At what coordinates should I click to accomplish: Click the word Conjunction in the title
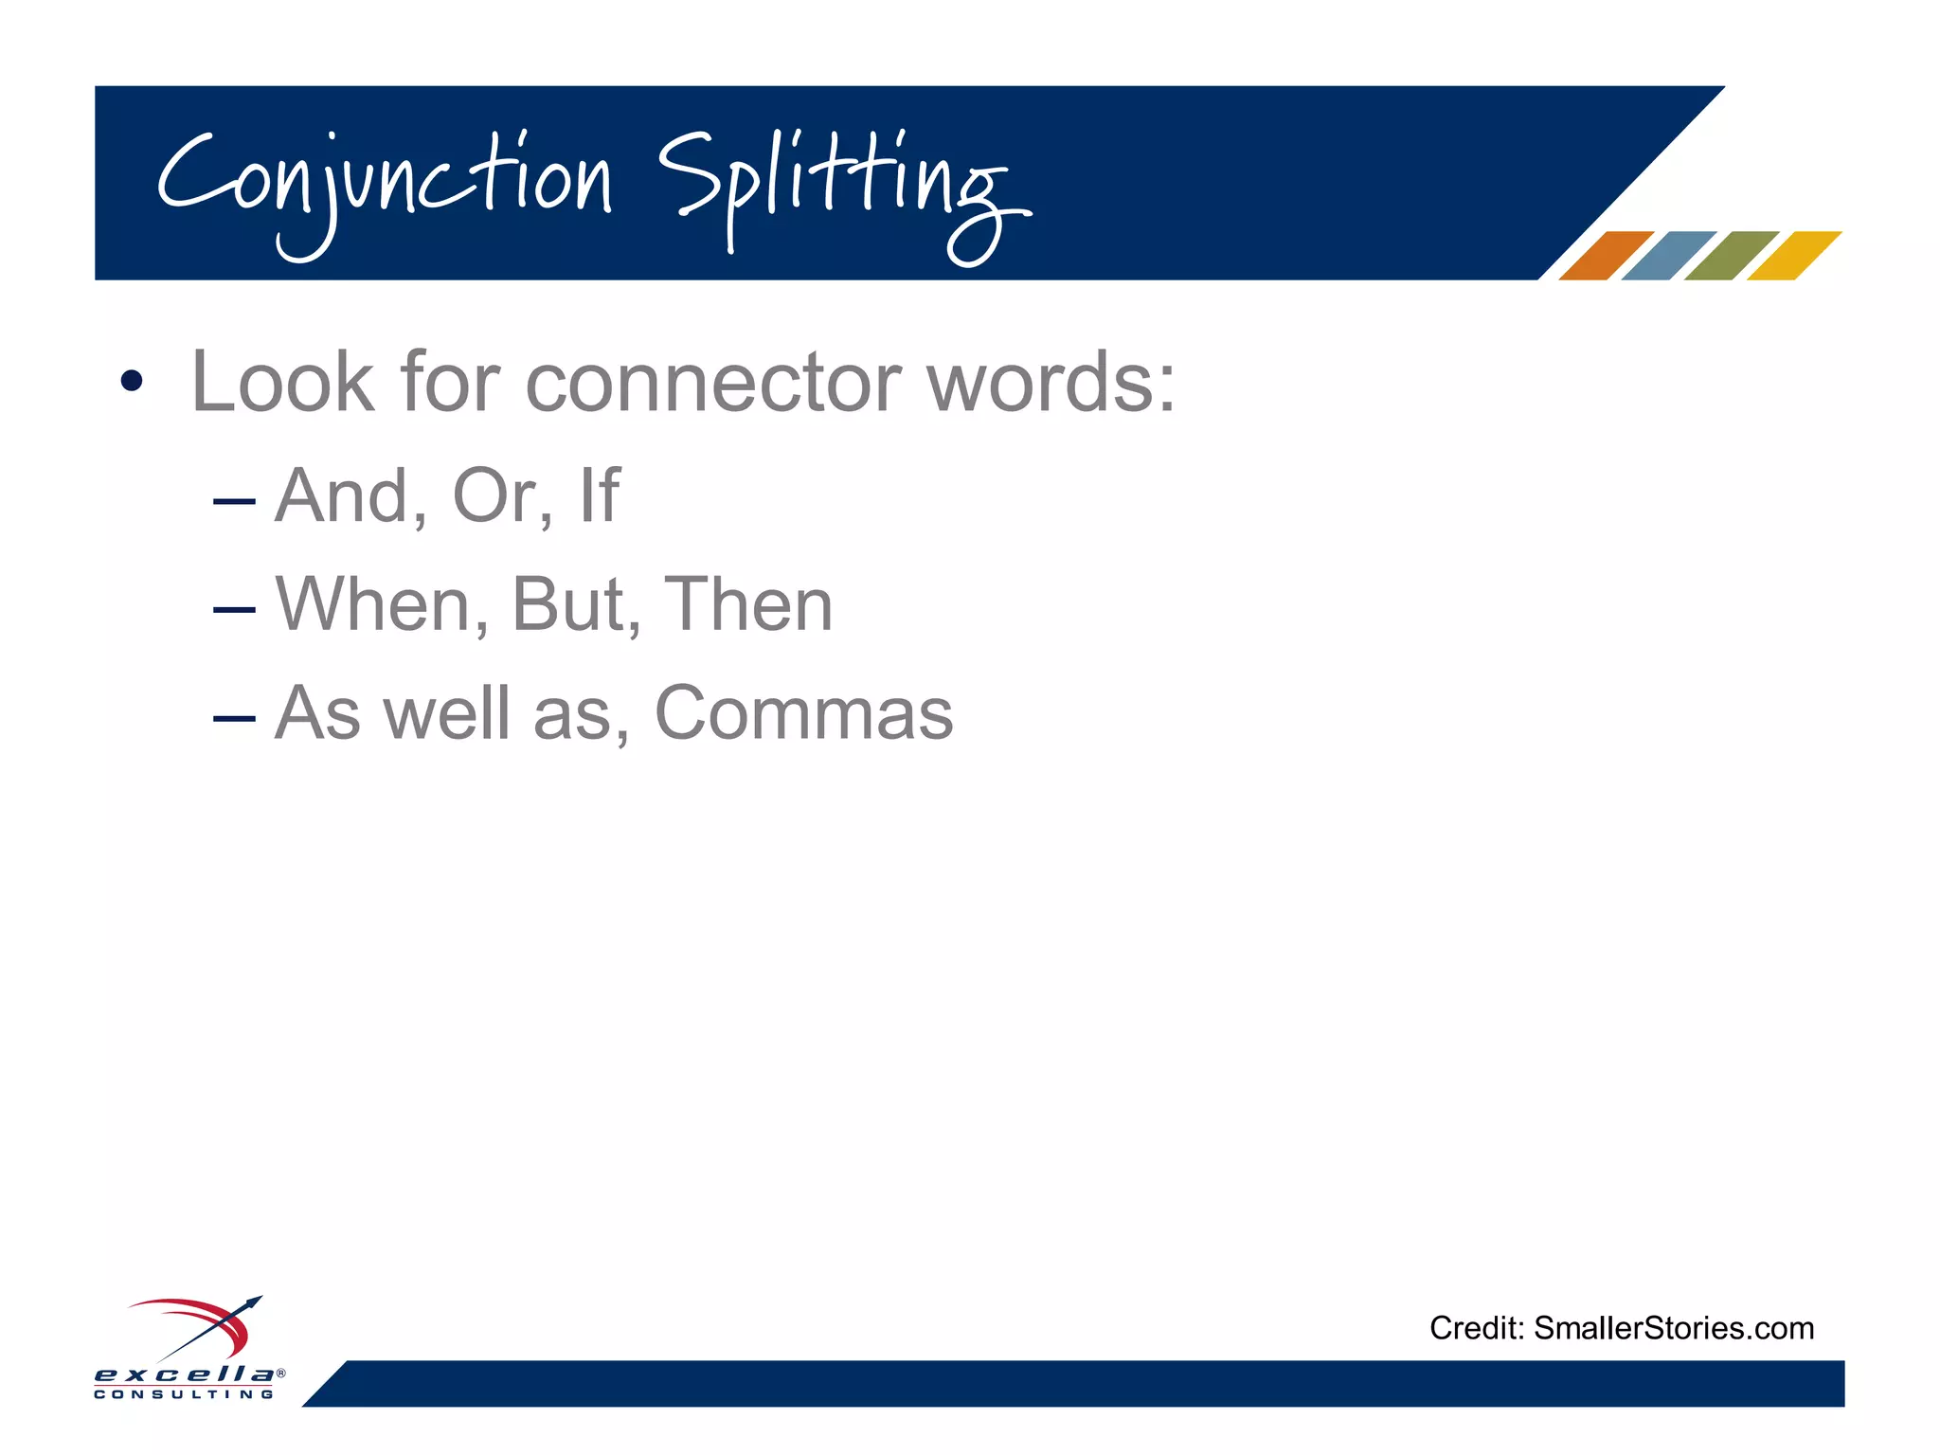pos(384,185)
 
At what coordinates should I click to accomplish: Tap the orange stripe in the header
pos(1605,256)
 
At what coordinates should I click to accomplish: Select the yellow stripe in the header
pos(1793,256)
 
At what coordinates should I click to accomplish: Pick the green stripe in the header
pos(1731,256)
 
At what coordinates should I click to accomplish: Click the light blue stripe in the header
pos(1667,256)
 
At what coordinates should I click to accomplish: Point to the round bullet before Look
pos(132,382)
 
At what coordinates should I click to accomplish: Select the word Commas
pos(803,713)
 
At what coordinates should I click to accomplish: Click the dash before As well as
pos(234,718)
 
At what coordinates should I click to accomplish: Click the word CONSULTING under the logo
pos(185,1394)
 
